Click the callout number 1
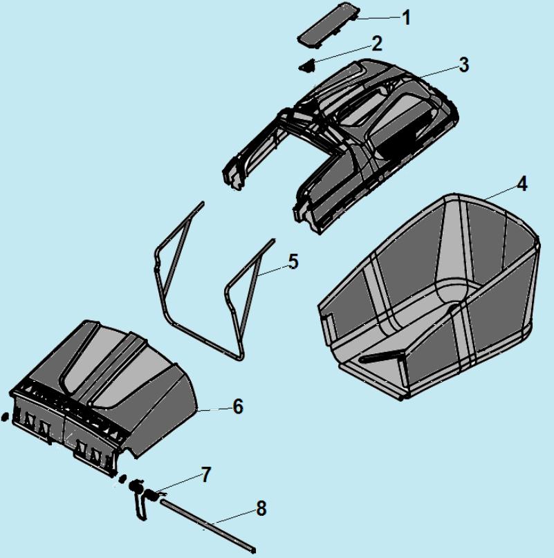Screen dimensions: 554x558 click(406, 17)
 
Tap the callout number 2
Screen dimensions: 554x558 click(377, 44)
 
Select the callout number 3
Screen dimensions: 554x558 click(464, 65)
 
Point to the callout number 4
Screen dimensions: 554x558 click(522, 184)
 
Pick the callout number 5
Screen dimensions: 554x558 click(293, 261)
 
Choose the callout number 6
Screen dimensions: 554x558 click(238, 407)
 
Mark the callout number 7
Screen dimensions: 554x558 click(206, 475)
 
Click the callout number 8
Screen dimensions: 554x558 click(261, 508)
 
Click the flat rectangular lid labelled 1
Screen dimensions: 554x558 click(329, 25)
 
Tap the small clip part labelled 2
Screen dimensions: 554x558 click(307, 66)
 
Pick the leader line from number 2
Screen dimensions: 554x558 click(342, 54)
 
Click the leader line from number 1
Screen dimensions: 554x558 click(379, 18)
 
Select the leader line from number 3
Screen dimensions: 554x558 click(439, 71)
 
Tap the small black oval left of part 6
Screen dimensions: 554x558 click(5, 417)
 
